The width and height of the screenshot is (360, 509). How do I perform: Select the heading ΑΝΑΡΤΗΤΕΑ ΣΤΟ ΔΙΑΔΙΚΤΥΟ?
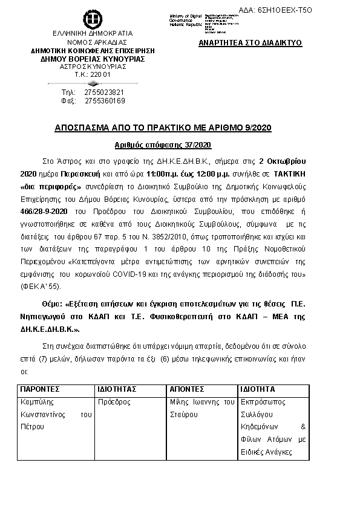click(x=250, y=44)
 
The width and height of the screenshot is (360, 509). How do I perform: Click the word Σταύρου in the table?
click(x=185, y=414)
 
